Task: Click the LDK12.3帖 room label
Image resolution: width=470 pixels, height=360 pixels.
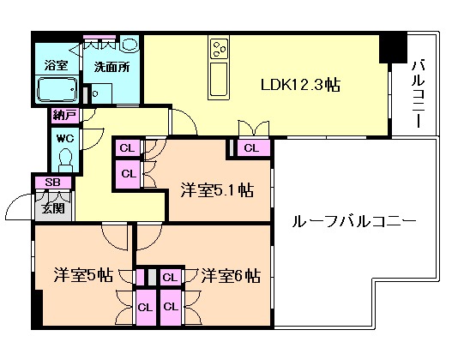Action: point(299,86)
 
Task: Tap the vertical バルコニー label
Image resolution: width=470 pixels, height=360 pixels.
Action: point(419,93)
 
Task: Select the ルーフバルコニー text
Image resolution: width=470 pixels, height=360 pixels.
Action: point(353,222)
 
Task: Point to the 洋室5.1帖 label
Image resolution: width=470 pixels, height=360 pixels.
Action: point(216,189)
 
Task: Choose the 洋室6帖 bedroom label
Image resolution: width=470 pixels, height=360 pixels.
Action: point(231,276)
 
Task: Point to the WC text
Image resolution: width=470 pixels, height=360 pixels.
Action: point(64,136)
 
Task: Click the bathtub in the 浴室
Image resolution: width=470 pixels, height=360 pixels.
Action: point(57,89)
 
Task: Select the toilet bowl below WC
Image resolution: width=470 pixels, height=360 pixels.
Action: point(64,158)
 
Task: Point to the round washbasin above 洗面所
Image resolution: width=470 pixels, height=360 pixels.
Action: point(129,45)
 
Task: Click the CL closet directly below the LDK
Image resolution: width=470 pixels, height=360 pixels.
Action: point(250,148)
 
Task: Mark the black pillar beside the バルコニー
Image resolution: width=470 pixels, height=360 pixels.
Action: point(393,47)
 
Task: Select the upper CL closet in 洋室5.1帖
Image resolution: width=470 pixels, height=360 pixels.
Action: point(127,148)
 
